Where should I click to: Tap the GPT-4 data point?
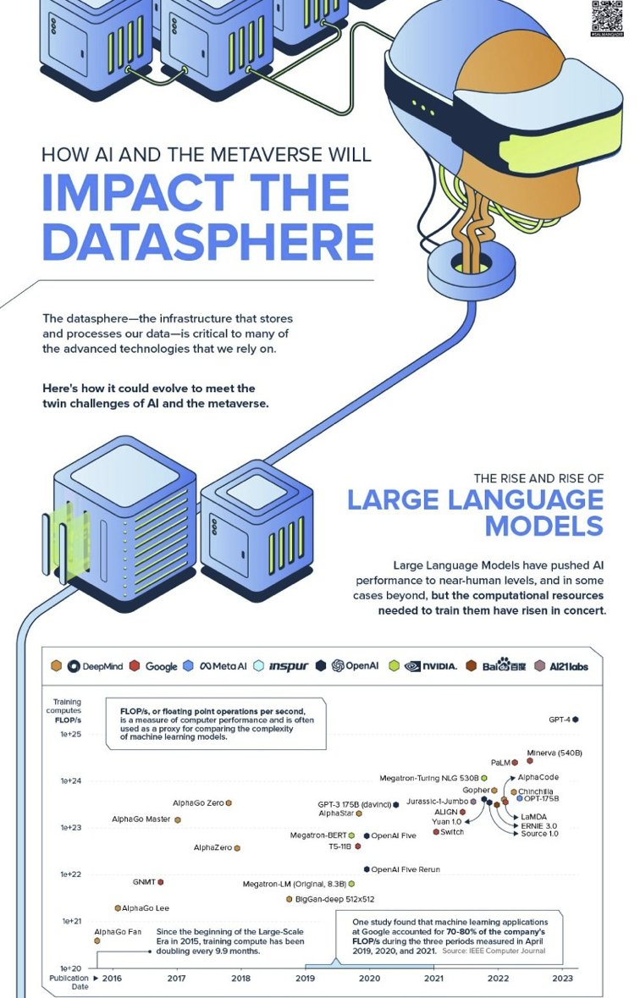point(576,720)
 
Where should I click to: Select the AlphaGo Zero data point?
point(229,802)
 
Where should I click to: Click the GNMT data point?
point(161,882)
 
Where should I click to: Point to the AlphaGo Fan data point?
point(97,940)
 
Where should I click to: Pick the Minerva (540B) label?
point(554,753)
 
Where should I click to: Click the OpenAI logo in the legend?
point(338,666)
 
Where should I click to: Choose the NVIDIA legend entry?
point(430,666)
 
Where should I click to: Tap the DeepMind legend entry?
point(95,666)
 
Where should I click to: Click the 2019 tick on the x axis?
point(305,979)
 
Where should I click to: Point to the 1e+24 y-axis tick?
point(70,780)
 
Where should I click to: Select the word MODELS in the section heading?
point(543,525)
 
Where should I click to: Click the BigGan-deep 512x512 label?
point(334,899)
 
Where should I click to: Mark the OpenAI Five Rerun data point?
point(367,869)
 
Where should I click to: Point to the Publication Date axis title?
point(68,982)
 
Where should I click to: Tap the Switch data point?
point(436,832)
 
